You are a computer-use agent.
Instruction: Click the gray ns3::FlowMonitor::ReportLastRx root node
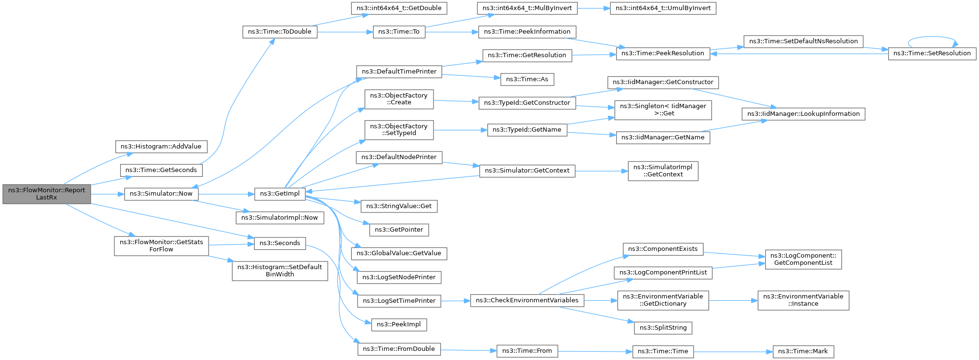(x=46, y=194)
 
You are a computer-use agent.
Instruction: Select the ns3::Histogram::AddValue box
(x=161, y=147)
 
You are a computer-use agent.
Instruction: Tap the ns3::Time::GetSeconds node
(x=161, y=170)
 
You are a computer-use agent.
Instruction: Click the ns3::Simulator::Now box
(x=161, y=194)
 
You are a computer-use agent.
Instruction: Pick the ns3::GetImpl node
(x=280, y=194)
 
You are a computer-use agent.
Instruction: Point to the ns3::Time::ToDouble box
(x=279, y=32)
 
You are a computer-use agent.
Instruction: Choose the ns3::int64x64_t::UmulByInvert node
(x=663, y=8)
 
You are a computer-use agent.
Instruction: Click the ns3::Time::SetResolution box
(x=932, y=53)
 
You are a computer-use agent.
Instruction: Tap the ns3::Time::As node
(x=527, y=79)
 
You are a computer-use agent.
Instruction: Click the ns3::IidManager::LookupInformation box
(x=803, y=114)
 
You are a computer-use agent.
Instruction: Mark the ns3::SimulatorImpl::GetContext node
(x=663, y=171)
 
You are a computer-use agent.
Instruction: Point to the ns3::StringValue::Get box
(x=399, y=206)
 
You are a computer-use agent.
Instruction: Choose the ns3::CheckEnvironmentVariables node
(x=527, y=300)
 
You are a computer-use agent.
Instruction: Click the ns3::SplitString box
(x=663, y=328)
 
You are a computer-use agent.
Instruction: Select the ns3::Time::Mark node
(x=803, y=351)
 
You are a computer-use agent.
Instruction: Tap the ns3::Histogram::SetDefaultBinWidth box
(x=280, y=271)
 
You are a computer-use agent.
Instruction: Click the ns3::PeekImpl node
(x=399, y=324)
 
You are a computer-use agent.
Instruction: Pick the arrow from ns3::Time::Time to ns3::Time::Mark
(x=733, y=351)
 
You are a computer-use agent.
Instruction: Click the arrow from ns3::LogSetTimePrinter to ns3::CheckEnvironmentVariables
(x=455, y=301)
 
